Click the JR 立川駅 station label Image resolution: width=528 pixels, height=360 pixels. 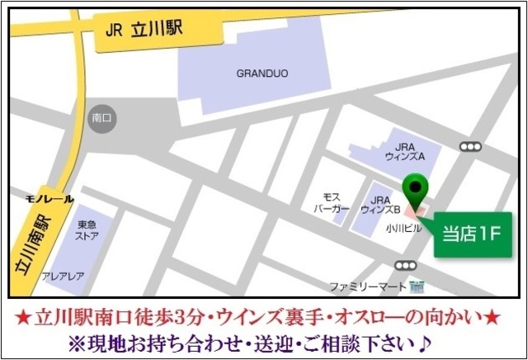147,31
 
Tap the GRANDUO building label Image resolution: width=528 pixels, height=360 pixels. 262,73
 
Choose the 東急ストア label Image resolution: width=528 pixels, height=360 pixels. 87,230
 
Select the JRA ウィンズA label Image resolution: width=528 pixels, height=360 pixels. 403,149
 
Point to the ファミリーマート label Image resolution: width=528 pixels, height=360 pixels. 369,287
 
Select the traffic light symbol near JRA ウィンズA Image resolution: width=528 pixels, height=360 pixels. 470,147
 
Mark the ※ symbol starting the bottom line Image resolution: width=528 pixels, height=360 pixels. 79,341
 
